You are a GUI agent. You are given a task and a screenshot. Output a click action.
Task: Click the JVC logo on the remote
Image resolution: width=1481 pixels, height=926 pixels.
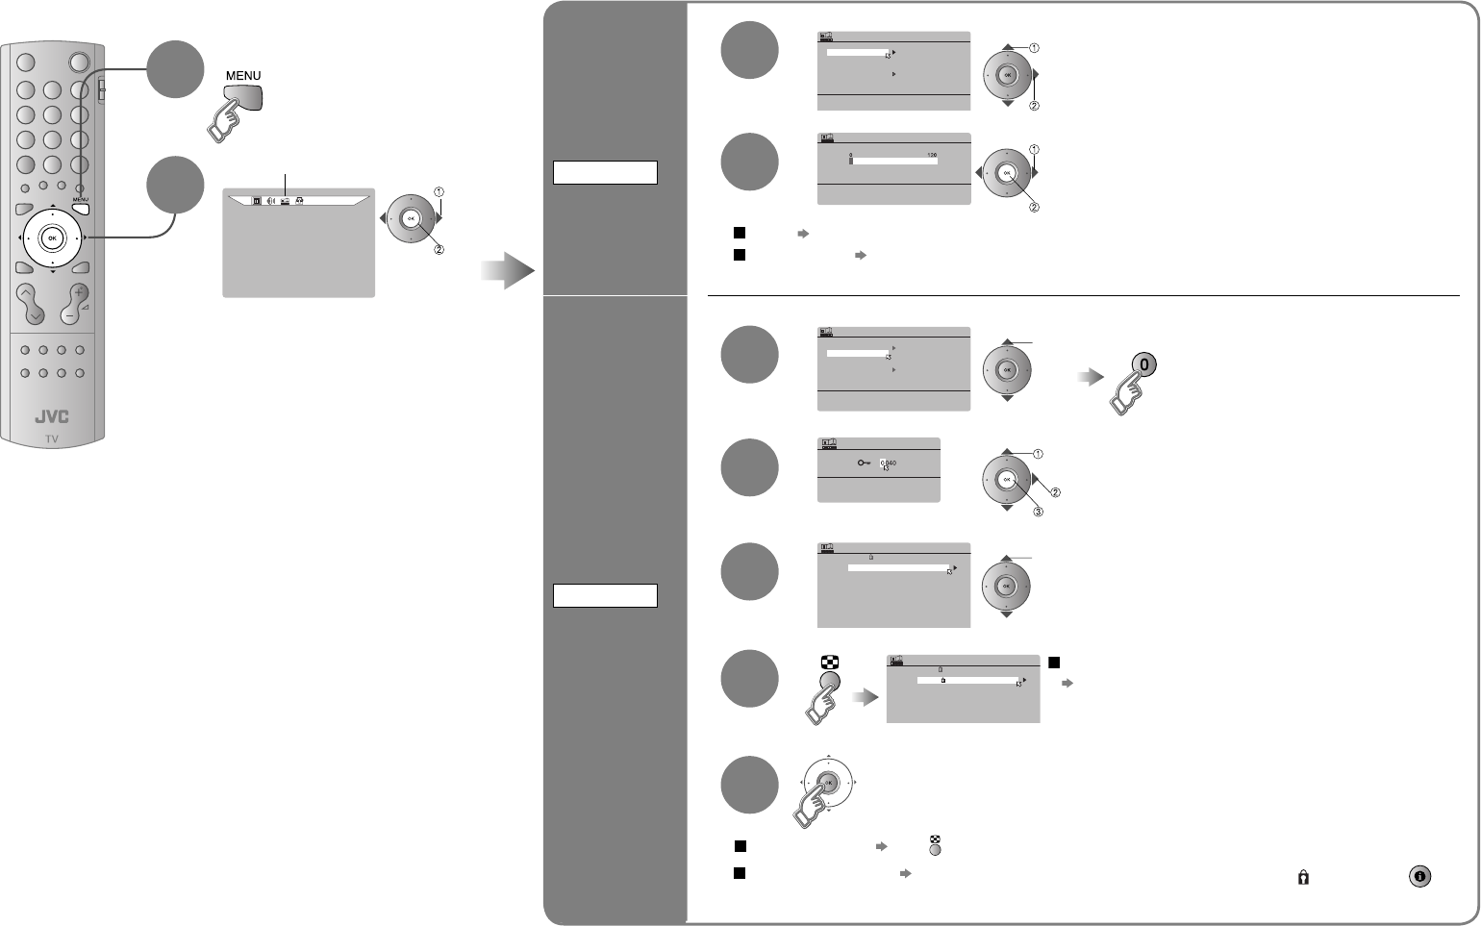tap(52, 417)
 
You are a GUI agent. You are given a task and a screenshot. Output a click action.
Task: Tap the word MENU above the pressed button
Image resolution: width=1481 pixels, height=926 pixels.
tap(242, 76)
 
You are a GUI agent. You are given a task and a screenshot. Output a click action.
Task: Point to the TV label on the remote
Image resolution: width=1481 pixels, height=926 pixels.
tap(52, 438)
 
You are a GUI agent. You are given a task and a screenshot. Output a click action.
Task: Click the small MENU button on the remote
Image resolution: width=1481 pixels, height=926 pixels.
tap(81, 207)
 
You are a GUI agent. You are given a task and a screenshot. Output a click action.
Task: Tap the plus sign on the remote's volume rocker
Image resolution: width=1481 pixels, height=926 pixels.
tap(79, 291)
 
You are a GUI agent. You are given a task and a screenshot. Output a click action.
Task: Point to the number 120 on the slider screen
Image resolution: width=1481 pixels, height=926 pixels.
tap(931, 155)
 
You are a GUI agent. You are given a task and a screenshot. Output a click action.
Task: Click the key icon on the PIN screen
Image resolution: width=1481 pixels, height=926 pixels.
tap(863, 463)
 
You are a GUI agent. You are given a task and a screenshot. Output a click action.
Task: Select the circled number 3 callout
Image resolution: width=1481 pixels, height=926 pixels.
tap(1038, 512)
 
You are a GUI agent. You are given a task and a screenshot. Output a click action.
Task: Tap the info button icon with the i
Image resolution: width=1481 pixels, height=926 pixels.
tap(1420, 876)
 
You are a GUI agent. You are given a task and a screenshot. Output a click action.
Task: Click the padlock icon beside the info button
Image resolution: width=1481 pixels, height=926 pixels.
tap(1303, 877)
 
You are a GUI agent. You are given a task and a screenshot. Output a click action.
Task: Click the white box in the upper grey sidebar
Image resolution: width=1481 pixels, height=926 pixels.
tap(605, 173)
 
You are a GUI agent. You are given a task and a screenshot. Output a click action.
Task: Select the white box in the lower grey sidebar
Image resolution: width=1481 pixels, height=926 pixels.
tap(605, 595)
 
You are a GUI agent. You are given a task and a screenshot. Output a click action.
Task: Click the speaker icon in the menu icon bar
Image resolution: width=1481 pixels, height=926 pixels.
tap(271, 201)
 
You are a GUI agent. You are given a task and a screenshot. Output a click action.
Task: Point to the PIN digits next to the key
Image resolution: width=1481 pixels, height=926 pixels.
tap(888, 463)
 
